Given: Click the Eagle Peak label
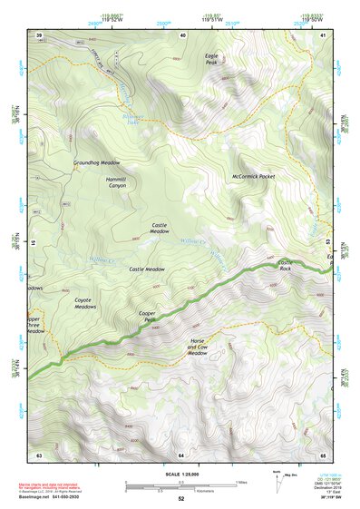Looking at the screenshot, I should [211, 59].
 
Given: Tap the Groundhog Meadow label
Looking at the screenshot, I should [97, 163].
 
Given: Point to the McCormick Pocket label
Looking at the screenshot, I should [253, 176].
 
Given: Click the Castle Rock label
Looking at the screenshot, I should [285, 266].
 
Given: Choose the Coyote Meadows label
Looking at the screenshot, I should [85, 303].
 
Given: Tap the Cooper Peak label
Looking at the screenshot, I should [148, 318].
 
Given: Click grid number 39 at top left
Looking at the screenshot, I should [39, 34].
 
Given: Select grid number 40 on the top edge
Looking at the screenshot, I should [184, 34].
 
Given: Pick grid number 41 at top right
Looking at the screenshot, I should [324, 34].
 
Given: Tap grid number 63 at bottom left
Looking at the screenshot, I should [39, 454].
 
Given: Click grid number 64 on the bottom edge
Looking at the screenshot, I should [180, 454].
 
